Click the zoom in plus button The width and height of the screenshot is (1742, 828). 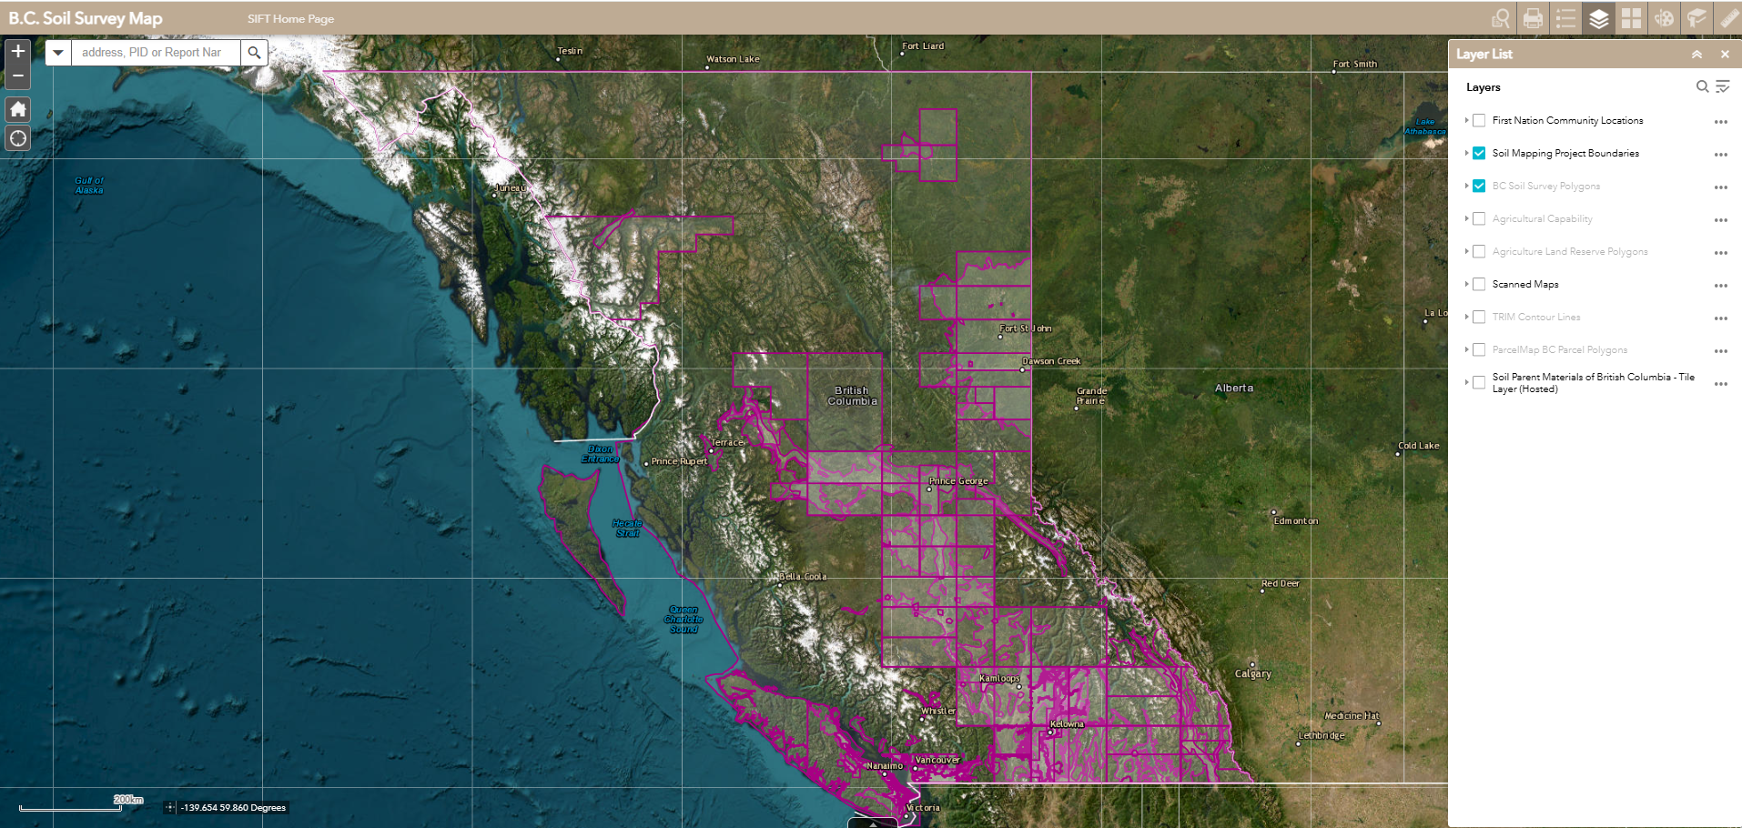pyautogui.click(x=18, y=52)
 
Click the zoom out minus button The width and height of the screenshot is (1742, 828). pyautogui.click(x=18, y=76)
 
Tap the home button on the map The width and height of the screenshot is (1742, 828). pyautogui.click(x=18, y=110)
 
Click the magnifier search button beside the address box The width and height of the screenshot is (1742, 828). pyautogui.click(x=254, y=53)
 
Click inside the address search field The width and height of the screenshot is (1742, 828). pyautogui.click(x=155, y=53)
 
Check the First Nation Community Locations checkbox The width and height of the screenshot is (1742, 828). pyautogui.click(x=1479, y=120)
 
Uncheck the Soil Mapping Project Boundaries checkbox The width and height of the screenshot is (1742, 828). pyautogui.click(x=1479, y=153)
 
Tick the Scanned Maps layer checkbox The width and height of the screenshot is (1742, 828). pyautogui.click(x=1479, y=284)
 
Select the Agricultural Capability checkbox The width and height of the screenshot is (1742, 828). pyautogui.click(x=1479, y=218)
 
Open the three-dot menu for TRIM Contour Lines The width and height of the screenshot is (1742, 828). pyautogui.click(x=1720, y=318)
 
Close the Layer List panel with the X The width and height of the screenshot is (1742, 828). pyautogui.click(x=1725, y=55)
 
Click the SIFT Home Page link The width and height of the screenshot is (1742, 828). pyautogui.click(x=290, y=19)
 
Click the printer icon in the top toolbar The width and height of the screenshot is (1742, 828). pyautogui.click(x=1533, y=19)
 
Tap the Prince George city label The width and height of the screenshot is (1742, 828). pyautogui.click(x=957, y=481)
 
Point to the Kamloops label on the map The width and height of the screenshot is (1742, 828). pyautogui.click(x=999, y=679)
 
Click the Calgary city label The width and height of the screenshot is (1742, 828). pyautogui.click(x=1253, y=674)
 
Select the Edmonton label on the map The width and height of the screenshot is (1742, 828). pyautogui.click(x=1296, y=521)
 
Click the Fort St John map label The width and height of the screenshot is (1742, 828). pyautogui.click(x=1026, y=328)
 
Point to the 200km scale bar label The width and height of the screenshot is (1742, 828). pyautogui.click(x=128, y=800)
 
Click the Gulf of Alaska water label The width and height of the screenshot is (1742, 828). pyautogui.click(x=89, y=186)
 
